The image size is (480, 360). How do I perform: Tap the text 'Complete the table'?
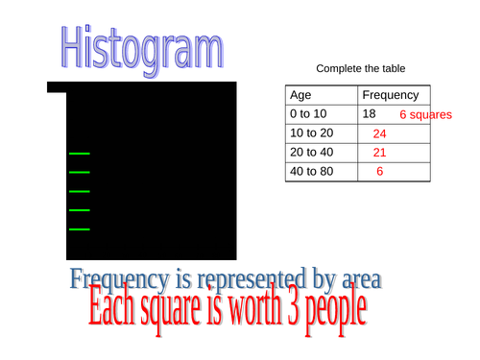pyautogui.click(x=360, y=69)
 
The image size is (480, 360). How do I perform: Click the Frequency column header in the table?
pyautogui.click(x=390, y=95)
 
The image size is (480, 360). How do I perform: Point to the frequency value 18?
pyautogui.click(x=370, y=114)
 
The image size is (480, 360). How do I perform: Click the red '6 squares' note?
pyautogui.click(x=424, y=115)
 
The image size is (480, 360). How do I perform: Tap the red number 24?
pyautogui.click(x=379, y=134)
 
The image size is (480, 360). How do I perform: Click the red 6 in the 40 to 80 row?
pyautogui.click(x=379, y=172)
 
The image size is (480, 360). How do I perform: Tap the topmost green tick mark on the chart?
pyautogui.click(x=79, y=154)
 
